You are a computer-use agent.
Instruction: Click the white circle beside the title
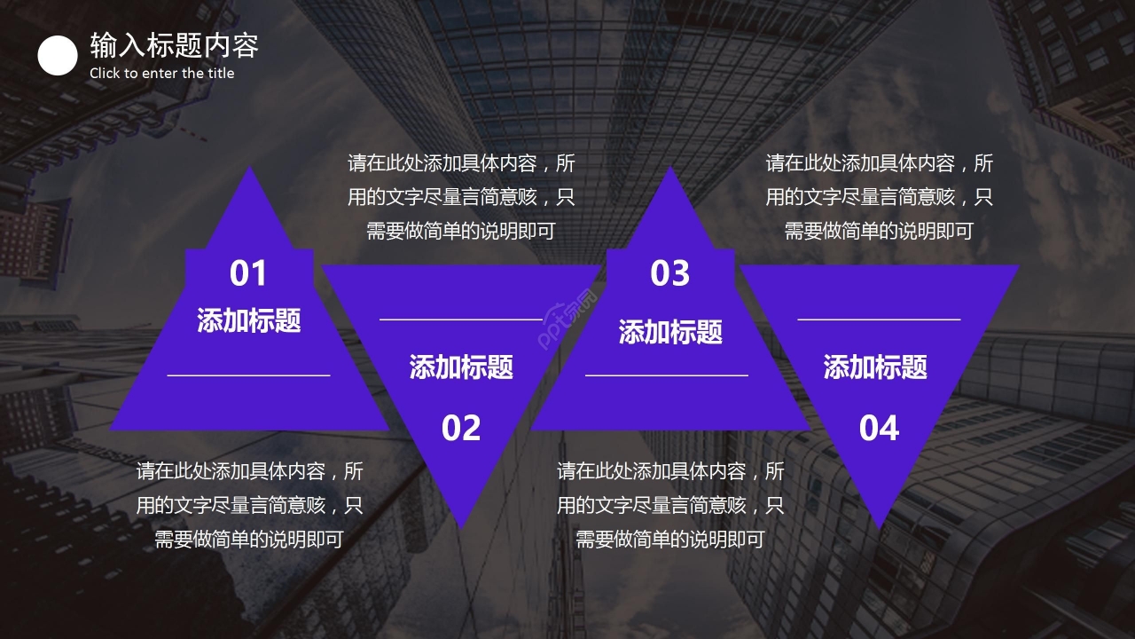pyautogui.click(x=58, y=56)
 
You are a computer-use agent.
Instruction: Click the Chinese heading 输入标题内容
pyautogui.click(x=174, y=45)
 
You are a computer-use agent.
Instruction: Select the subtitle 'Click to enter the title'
pyautogui.click(x=162, y=74)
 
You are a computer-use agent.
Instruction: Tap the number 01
pyautogui.click(x=248, y=273)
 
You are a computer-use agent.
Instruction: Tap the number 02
pyautogui.click(x=461, y=429)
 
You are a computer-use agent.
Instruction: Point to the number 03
pyautogui.click(x=670, y=273)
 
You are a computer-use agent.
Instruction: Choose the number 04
pyautogui.click(x=879, y=429)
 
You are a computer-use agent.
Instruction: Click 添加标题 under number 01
pyautogui.click(x=249, y=320)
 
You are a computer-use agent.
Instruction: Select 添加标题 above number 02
pyautogui.click(x=461, y=367)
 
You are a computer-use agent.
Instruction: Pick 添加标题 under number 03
pyautogui.click(x=670, y=332)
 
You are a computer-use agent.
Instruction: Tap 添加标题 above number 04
pyautogui.click(x=875, y=367)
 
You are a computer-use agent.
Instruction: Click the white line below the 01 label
pyautogui.click(x=248, y=375)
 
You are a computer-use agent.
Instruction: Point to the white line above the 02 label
pyautogui.click(x=461, y=319)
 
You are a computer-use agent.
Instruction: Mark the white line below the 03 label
pyautogui.click(x=667, y=375)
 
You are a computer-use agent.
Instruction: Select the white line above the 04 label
pyautogui.click(x=879, y=319)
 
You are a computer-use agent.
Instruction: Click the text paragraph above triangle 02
pyautogui.click(x=461, y=197)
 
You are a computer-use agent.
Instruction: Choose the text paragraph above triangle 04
pyautogui.click(x=879, y=197)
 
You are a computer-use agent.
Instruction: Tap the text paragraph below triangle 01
pyautogui.click(x=249, y=505)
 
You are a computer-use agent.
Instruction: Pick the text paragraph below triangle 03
pyautogui.click(x=670, y=505)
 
